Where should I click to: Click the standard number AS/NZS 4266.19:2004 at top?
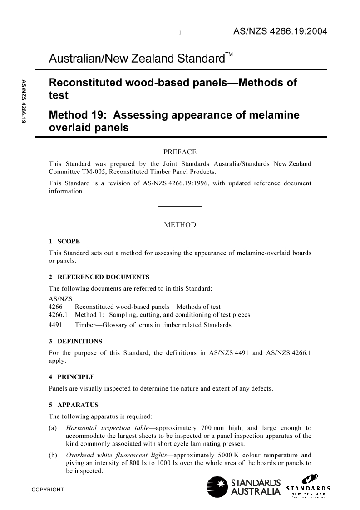tap(280, 32)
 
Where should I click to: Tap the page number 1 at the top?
tap(180, 33)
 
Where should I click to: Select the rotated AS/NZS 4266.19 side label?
tap(24, 101)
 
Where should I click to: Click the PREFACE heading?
tap(180, 152)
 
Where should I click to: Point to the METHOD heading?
tap(180, 225)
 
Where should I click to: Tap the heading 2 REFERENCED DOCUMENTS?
tap(99, 277)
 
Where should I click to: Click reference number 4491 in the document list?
tap(55, 325)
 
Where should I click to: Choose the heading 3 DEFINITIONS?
tap(75, 341)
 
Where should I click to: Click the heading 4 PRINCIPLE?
tap(72, 376)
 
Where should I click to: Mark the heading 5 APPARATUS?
tap(74, 404)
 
